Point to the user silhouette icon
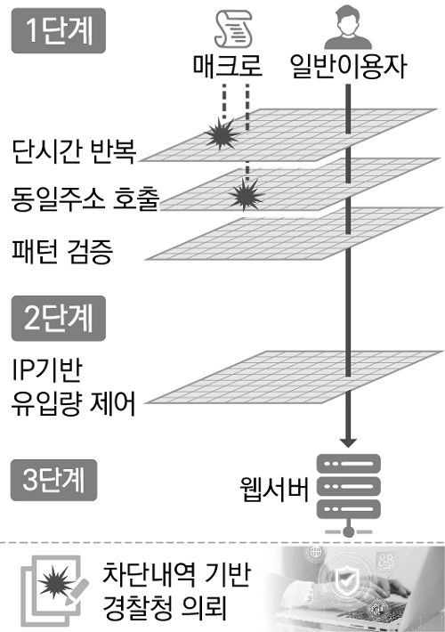(347, 29)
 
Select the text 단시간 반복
(74, 152)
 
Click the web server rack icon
(348, 495)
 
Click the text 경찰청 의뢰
(166, 611)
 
